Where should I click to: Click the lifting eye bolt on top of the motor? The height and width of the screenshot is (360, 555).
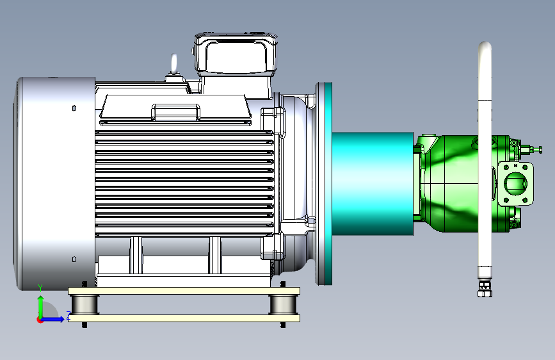[x=173, y=65]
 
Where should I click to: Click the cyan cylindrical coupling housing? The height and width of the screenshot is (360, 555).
[x=373, y=184]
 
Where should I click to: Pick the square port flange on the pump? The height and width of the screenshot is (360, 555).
[x=515, y=184]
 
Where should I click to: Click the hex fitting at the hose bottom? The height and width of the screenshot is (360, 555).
[x=485, y=290]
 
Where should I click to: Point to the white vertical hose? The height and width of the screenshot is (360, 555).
[x=485, y=160]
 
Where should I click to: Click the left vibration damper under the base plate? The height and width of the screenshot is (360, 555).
[x=85, y=304]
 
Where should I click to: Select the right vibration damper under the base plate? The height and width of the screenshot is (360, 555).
[x=283, y=304]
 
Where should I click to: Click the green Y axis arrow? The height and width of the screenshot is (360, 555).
[x=41, y=306]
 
